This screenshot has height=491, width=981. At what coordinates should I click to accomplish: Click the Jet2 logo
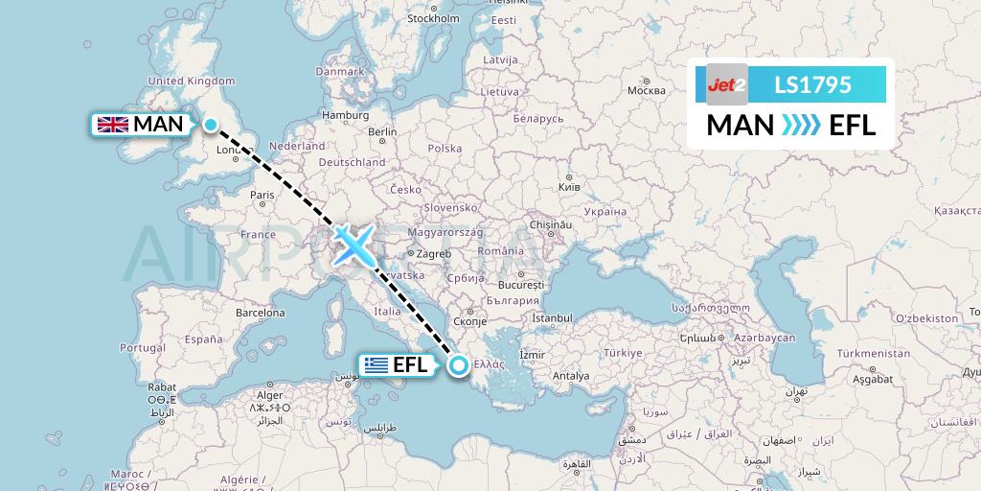click(726, 85)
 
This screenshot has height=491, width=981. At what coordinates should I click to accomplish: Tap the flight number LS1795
click(812, 85)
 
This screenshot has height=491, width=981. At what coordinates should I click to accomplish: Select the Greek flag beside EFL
click(376, 364)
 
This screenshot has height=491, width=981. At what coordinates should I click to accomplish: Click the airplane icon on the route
click(354, 245)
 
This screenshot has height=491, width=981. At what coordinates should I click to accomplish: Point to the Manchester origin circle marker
click(210, 123)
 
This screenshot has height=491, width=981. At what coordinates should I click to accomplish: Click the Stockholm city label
click(434, 17)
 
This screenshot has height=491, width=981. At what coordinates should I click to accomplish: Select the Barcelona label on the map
click(260, 313)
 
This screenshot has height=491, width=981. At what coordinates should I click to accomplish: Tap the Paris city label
click(262, 195)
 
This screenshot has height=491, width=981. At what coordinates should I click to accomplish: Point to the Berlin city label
click(382, 132)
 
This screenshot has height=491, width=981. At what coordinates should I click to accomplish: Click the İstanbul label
click(552, 317)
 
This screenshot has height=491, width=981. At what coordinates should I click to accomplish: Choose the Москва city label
click(645, 91)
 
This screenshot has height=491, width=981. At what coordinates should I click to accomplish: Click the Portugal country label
click(143, 347)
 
